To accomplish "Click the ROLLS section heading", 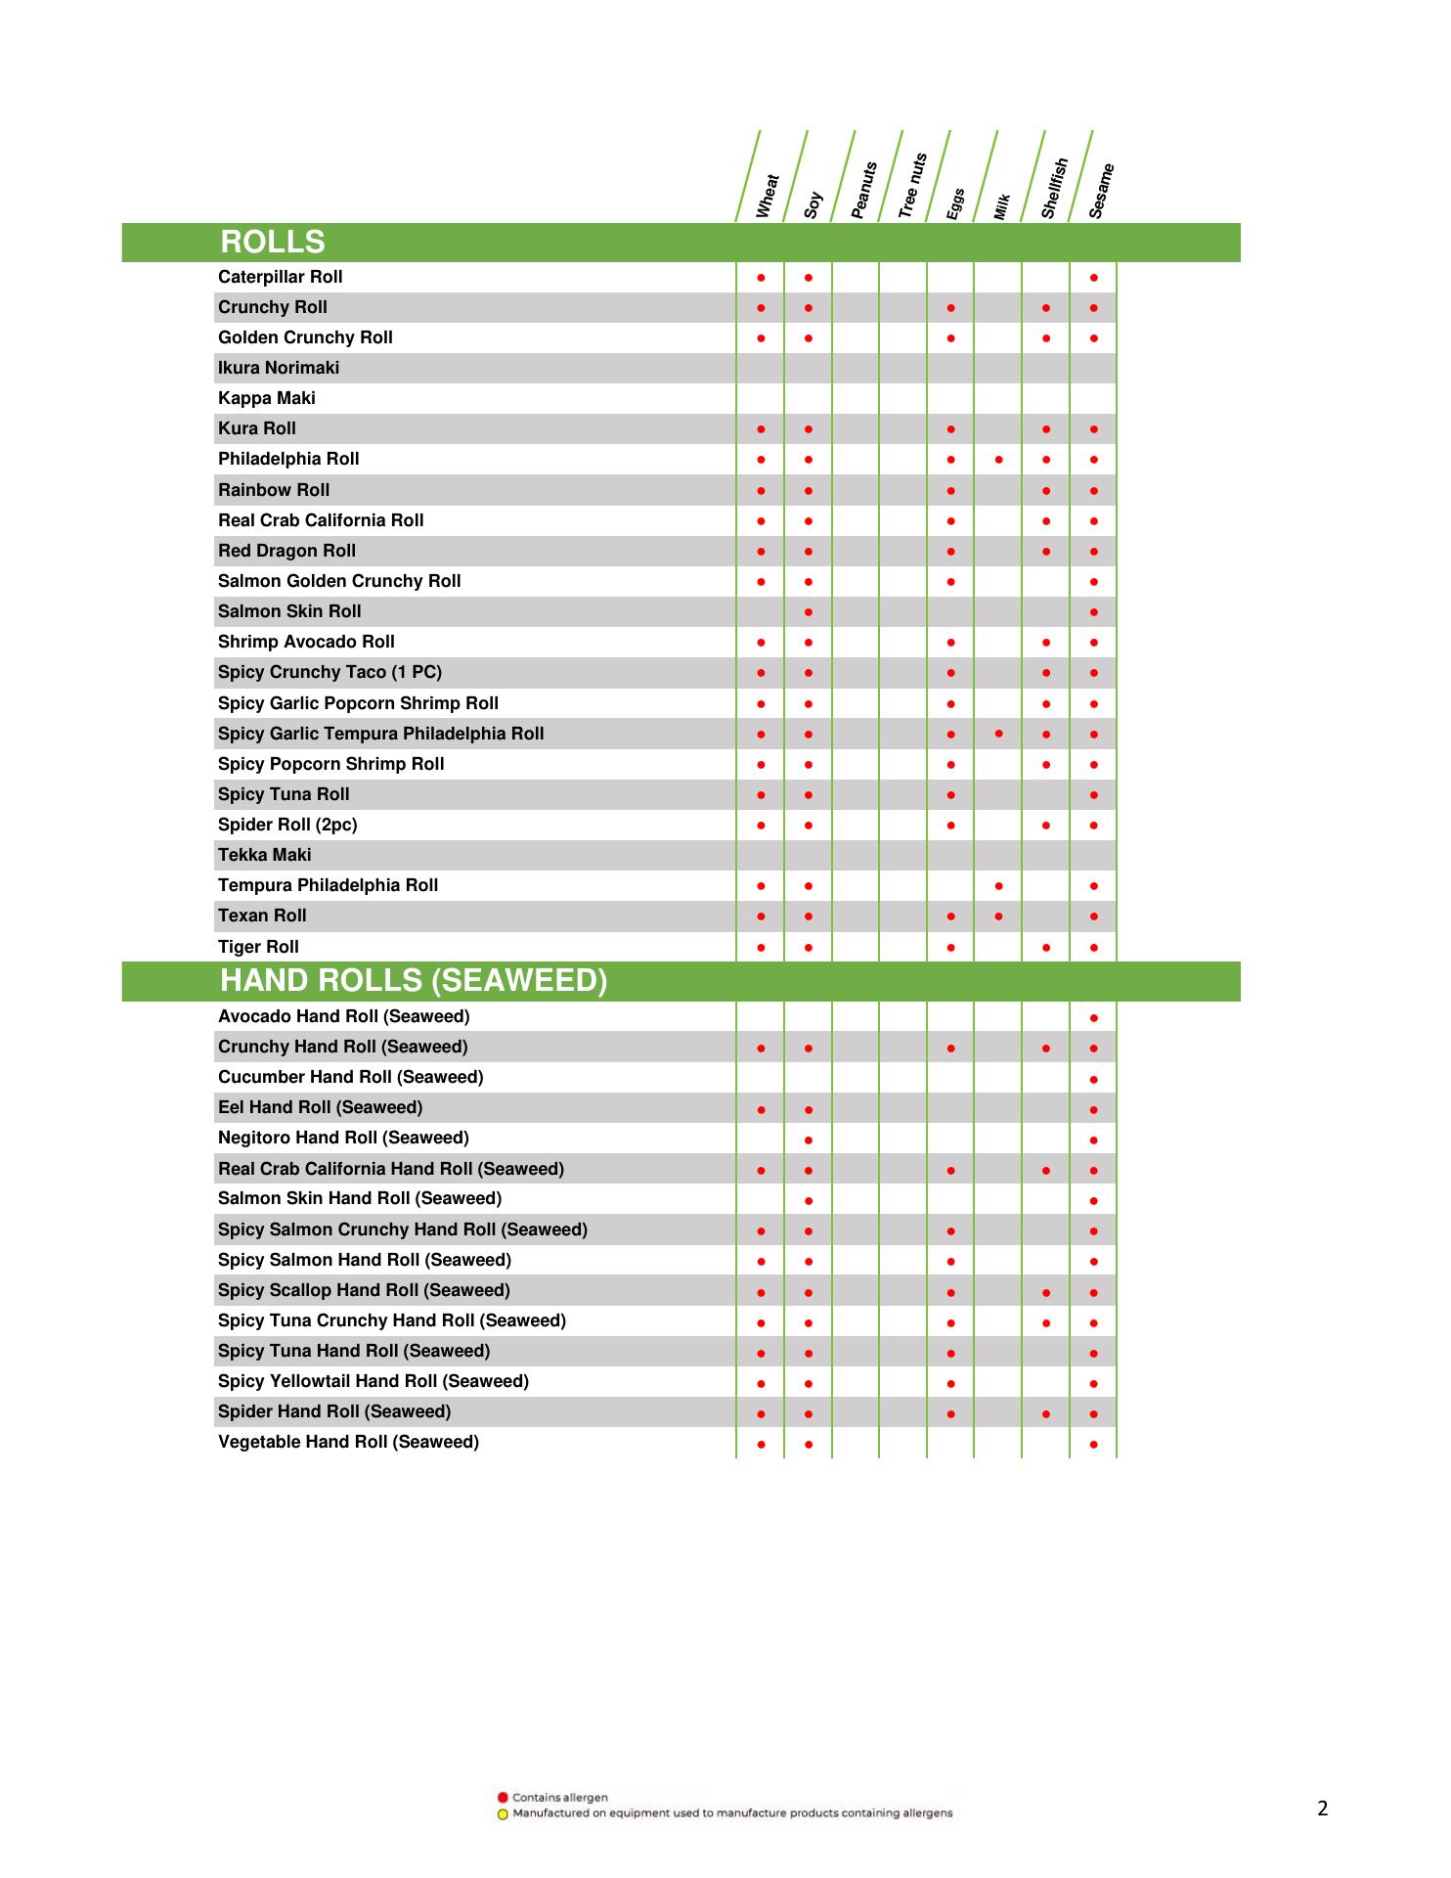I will point(273,243).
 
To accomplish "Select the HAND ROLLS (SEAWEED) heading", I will point(414,981).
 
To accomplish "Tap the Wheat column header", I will point(768,196).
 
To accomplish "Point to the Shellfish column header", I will point(1053,188).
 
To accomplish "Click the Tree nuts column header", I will point(911,185).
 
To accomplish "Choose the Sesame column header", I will point(1101,191).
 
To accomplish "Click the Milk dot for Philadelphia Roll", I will point(998,460).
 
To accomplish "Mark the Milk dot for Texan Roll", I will point(998,917).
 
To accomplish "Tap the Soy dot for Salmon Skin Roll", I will point(809,612).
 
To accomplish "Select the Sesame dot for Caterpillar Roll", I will point(1093,278).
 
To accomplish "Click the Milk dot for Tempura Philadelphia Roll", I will point(998,886).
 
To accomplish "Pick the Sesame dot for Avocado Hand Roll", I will point(1093,1018).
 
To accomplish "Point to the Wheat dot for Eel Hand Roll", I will point(761,1109).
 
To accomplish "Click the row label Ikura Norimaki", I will point(279,368).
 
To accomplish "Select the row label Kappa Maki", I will point(267,398).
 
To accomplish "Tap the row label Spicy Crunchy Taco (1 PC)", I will point(330,672).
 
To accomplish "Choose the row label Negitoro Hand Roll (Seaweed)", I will point(343,1138).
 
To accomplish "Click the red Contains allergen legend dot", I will point(503,1797).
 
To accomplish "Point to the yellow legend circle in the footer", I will point(503,1813).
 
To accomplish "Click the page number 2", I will point(1323,1809).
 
